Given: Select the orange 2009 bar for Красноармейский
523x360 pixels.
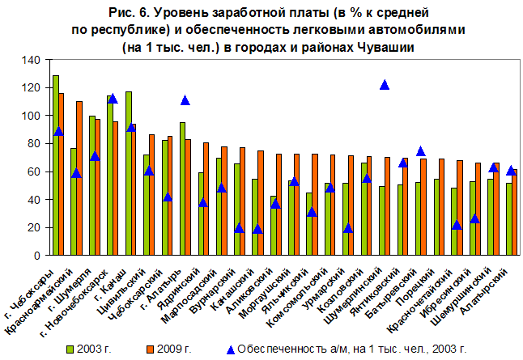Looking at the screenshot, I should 79,178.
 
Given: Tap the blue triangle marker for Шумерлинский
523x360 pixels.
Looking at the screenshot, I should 385,85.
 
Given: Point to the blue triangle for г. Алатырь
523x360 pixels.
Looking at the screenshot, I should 185,100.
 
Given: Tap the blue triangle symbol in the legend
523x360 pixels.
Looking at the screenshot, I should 230,349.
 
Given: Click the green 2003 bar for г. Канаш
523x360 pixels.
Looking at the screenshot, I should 129,173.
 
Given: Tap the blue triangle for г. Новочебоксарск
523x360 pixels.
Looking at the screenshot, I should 113,99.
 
